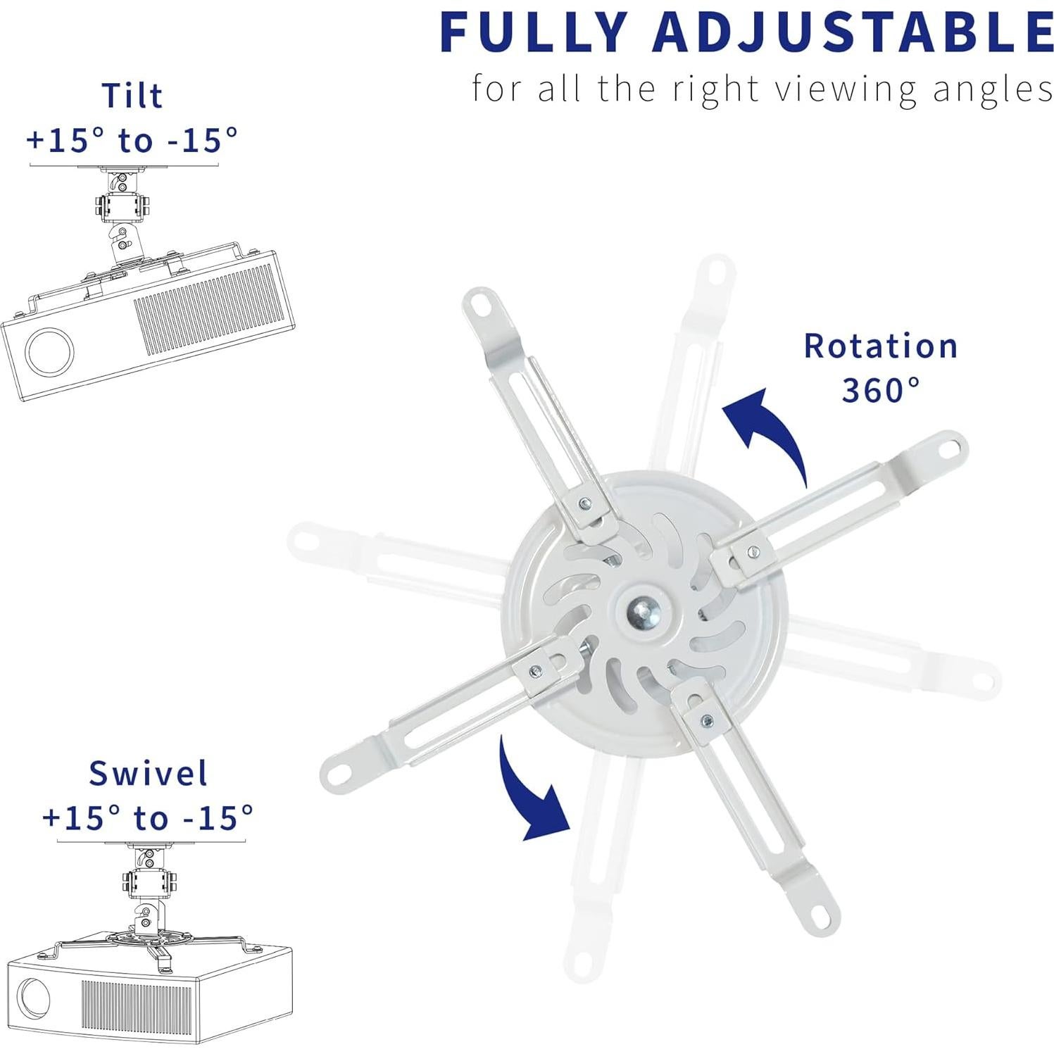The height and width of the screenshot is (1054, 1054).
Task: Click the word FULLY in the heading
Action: point(533,32)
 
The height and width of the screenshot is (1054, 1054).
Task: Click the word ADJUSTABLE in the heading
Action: point(852,32)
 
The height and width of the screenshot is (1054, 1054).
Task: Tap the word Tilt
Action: point(132,96)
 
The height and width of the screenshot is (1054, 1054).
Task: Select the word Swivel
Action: point(149,773)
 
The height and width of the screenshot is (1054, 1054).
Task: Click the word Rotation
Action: point(881,346)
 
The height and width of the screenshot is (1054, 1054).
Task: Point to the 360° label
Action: point(881,390)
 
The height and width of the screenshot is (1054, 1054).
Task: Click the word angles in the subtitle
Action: point(993,90)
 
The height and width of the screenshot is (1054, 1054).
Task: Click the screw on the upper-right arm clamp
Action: point(753,551)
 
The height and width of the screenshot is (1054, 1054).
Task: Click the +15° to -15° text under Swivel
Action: point(149,818)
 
